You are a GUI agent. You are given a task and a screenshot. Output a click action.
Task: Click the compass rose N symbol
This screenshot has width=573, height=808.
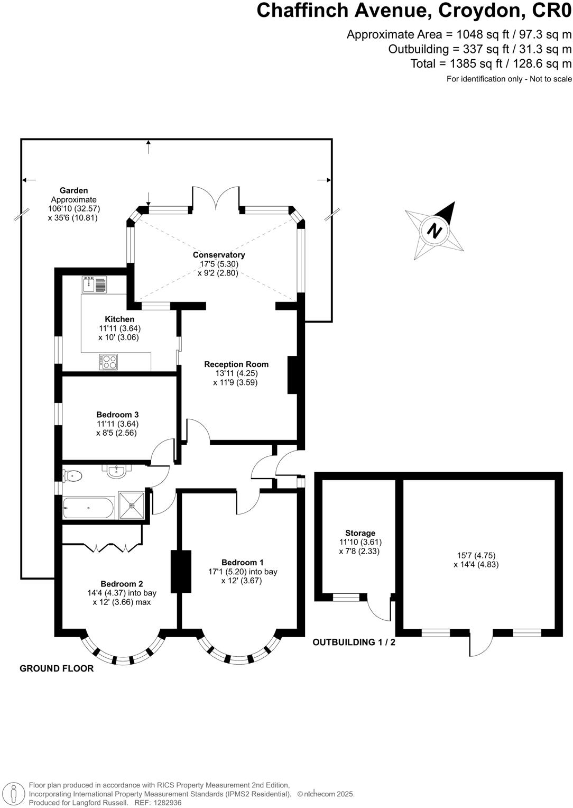coord(435,231)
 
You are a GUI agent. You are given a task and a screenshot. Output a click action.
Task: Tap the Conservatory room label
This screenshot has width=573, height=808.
coord(219,255)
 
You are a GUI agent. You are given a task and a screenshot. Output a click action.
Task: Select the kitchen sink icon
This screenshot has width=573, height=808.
coord(94,284)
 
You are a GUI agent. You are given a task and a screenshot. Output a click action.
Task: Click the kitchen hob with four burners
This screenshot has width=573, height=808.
coord(108,362)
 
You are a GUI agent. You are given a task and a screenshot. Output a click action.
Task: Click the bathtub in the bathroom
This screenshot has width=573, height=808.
coord(88,508)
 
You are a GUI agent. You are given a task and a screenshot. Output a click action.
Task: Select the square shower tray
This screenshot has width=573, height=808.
coord(132,506)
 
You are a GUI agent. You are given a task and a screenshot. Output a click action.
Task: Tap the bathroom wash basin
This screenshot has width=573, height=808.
coord(116,471)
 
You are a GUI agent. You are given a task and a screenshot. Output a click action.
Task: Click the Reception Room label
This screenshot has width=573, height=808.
coord(236,364)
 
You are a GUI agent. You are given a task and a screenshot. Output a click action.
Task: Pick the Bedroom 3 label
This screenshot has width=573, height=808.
coord(117,415)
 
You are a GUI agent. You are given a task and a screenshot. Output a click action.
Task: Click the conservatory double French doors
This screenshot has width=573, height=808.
coord(216,200)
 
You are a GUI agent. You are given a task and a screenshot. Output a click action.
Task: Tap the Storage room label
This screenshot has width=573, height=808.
coord(360,533)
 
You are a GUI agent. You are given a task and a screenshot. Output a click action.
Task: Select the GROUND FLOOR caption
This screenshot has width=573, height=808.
coord(57,668)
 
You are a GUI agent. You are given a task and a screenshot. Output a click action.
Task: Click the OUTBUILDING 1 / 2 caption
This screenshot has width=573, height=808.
coord(354,642)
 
